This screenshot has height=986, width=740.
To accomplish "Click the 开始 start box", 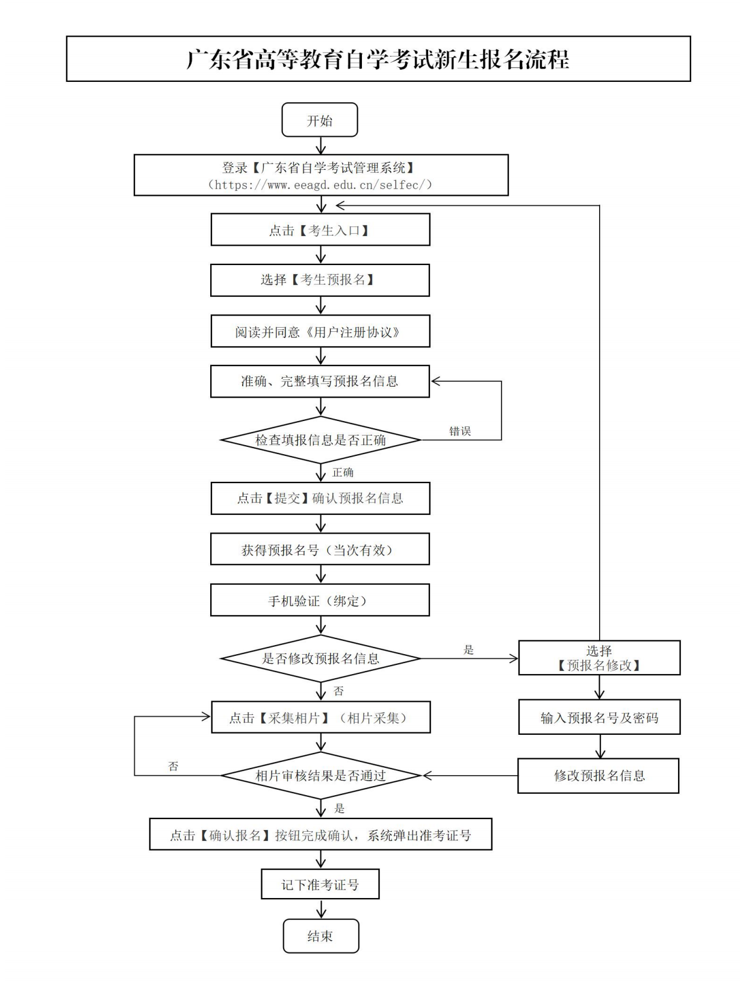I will pos(320,120).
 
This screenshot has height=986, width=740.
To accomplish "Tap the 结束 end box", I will pos(320,936).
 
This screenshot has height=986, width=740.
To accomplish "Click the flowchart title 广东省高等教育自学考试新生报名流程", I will pos(378,59).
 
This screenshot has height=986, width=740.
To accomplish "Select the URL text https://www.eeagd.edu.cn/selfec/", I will pos(320,185).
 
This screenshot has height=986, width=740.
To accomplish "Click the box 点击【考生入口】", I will pos(320,230).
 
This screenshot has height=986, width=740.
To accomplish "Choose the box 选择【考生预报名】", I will pos(320,280).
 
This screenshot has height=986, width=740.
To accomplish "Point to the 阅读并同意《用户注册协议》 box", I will pos(320,332).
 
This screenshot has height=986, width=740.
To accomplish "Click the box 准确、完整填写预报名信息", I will pos(320,381).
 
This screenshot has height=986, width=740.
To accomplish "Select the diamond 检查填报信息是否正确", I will pos(320,440).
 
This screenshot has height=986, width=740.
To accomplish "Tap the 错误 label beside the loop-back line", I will pos(460,431).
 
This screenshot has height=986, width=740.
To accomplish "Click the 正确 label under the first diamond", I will pos(343,473).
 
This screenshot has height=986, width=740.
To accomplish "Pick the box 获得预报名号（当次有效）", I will pos(320,549).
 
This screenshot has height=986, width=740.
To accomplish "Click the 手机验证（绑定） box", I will pos(320,601).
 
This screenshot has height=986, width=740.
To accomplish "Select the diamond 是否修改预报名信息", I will pos(320,658).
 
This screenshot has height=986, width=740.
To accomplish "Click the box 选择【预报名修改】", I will pos(599,658).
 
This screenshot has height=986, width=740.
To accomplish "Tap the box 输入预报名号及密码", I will pos(599,717).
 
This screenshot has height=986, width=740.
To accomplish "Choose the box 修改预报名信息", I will pos(599,776).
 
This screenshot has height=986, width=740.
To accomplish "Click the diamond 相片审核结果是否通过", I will pos(320,776).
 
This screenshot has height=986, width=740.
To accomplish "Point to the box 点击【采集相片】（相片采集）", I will pos(320,717).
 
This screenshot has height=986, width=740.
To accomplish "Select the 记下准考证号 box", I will pos(320,884).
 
